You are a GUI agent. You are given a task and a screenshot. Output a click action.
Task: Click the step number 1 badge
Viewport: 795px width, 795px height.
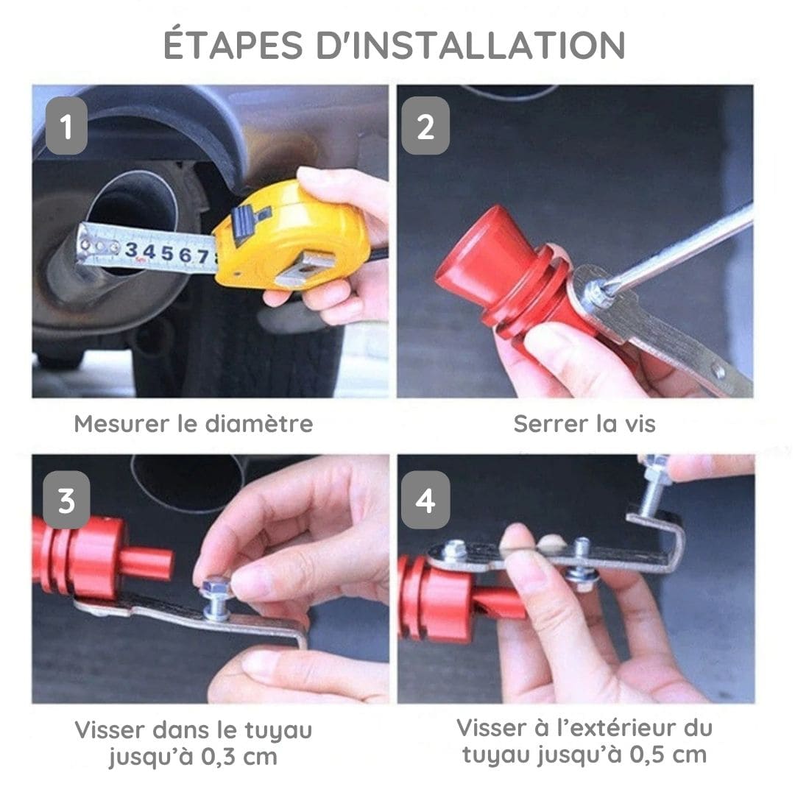pyautogui.click(x=66, y=126)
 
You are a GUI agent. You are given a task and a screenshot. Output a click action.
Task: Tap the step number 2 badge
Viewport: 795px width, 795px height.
pyautogui.click(x=425, y=126)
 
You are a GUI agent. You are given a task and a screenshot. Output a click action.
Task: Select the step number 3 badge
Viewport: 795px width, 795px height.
pyautogui.click(x=66, y=500)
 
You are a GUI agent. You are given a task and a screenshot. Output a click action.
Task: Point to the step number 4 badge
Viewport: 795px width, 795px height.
pyautogui.click(x=425, y=500)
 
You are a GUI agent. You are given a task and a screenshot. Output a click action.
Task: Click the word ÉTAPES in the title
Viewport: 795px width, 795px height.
pyautogui.click(x=233, y=45)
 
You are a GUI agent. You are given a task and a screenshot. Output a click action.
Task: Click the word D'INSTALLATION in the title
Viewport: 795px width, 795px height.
pyautogui.click(x=470, y=45)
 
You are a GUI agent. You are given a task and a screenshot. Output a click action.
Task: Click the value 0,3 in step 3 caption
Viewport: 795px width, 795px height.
pyautogui.click(x=219, y=757)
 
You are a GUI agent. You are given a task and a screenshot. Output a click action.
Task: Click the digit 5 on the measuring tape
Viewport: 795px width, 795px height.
pyautogui.click(x=167, y=252)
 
